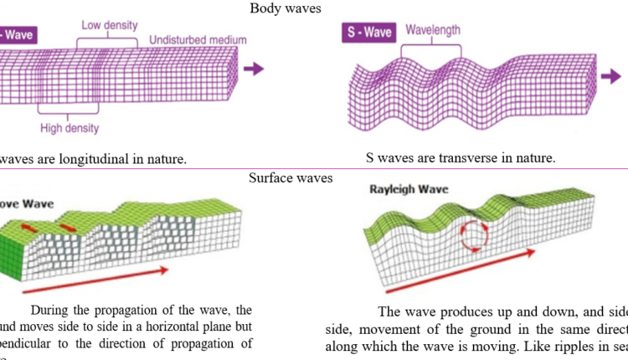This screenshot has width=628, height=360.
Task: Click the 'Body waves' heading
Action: pos(283,8)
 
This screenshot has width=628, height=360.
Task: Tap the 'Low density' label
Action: pos(111,25)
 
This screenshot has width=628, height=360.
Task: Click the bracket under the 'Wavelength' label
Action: pos(433,49)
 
